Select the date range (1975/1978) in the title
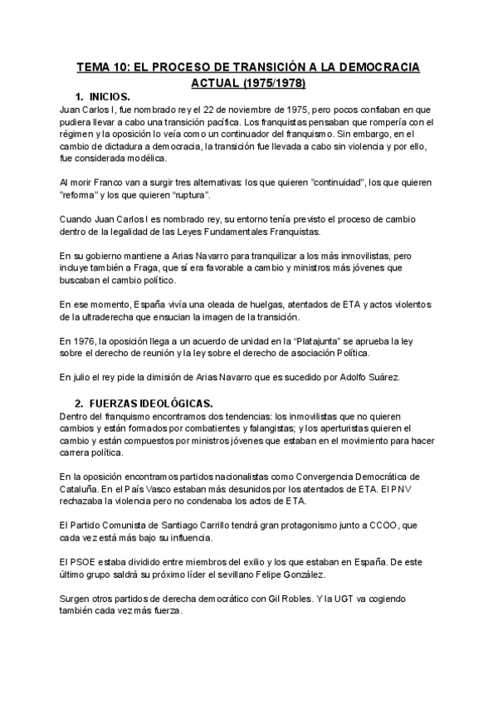click(271, 83)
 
